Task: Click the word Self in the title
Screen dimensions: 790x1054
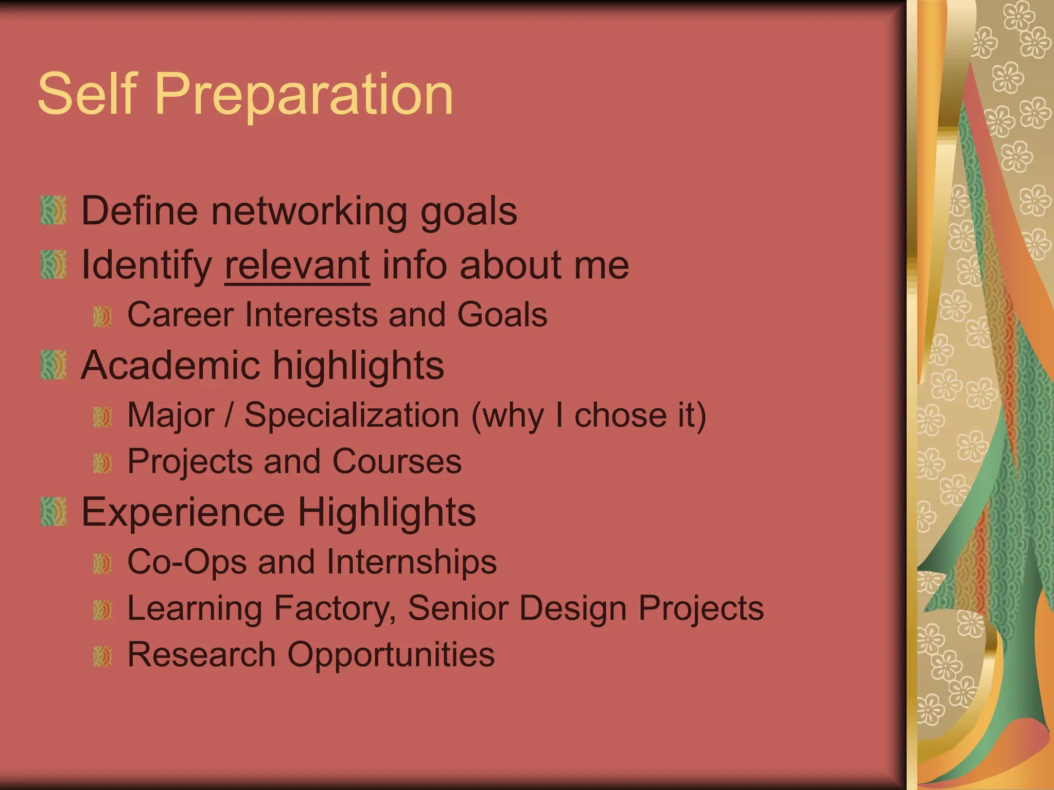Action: [x=87, y=94]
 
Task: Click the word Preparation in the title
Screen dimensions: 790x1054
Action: [x=304, y=95]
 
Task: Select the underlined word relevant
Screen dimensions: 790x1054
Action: [x=297, y=265]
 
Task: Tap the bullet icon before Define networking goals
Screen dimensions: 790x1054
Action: [x=54, y=210]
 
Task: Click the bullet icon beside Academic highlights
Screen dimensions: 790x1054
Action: [x=54, y=365]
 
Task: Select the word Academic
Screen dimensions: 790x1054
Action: [x=170, y=366]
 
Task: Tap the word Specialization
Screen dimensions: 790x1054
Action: [x=352, y=415]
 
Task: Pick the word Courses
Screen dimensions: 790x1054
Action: [x=397, y=461]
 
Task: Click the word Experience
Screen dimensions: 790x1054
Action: [x=183, y=513]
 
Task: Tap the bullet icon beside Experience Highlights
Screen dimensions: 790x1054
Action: [x=54, y=512]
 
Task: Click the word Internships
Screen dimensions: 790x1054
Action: [x=411, y=562]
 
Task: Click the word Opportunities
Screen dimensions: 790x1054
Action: [x=391, y=655]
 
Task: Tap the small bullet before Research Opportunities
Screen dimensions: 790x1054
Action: [x=102, y=656]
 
